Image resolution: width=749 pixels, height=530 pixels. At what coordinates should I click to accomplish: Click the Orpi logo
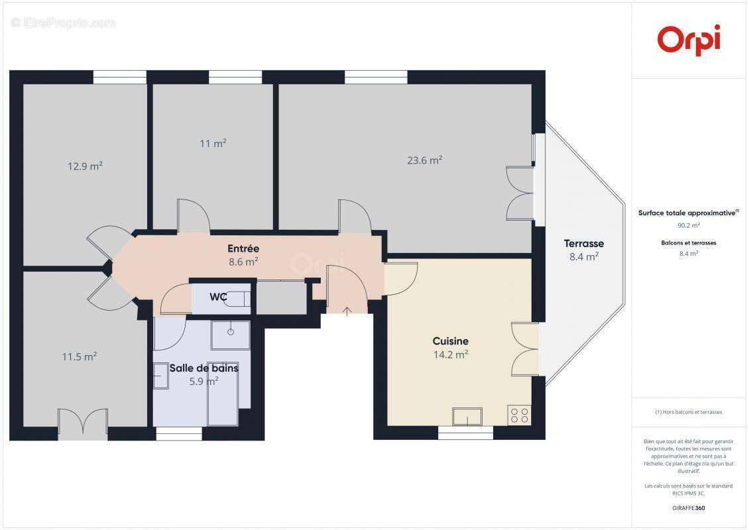pyautogui.click(x=689, y=39)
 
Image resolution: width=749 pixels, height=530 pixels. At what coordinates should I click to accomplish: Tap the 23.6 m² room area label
pyautogui.click(x=424, y=160)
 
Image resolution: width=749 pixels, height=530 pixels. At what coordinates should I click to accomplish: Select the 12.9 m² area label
pyautogui.click(x=85, y=166)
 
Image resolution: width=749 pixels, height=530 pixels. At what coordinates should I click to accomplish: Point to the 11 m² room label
pyautogui.click(x=212, y=143)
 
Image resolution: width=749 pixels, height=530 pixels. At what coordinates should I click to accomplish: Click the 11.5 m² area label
pyautogui.click(x=80, y=356)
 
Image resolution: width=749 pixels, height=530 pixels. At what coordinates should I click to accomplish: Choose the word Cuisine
pyautogui.click(x=450, y=341)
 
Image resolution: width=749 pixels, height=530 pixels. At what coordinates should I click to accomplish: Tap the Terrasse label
pyautogui.click(x=583, y=243)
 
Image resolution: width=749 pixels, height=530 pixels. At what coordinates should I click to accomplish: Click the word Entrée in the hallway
pyautogui.click(x=243, y=248)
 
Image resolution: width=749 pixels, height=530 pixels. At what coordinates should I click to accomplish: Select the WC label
pyautogui.click(x=219, y=297)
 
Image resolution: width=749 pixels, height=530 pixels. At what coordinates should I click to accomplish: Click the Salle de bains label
pyautogui.click(x=203, y=368)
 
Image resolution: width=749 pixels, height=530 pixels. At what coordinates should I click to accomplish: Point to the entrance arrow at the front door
pyautogui.click(x=347, y=310)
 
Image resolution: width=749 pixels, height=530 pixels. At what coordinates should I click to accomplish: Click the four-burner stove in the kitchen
pyautogui.click(x=519, y=415)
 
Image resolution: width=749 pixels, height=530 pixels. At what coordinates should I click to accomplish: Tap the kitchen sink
pyautogui.click(x=467, y=417)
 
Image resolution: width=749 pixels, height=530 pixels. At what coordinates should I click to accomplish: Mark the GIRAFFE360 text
pyautogui.click(x=689, y=508)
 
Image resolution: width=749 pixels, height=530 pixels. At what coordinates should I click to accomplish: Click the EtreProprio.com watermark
pyautogui.click(x=64, y=23)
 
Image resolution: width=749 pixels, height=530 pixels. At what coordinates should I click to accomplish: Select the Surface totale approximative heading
pyautogui.click(x=688, y=213)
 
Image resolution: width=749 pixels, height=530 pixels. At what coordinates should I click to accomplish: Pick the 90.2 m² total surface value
pyautogui.click(x=689, y=225)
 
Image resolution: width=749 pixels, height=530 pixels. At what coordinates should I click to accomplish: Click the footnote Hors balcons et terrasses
pyautogui.click(x=689, y=412)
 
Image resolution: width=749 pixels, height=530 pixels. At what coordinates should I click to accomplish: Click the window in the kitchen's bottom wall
pyautogui.click(x=465, y=433)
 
